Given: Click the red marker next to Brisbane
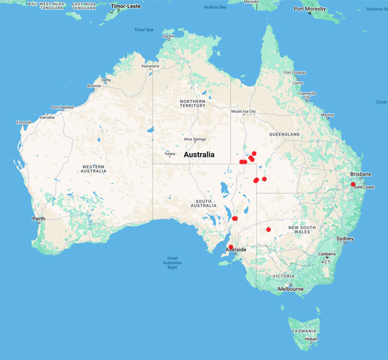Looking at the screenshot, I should tap(353, 185).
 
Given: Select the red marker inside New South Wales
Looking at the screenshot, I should tap(268, 229).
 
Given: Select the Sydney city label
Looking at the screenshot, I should tap(345, 239).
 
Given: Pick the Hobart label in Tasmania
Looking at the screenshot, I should tap(312, 339).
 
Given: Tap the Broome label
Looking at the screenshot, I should tap(94, 86).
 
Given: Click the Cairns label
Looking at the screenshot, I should tap(297, 83).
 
